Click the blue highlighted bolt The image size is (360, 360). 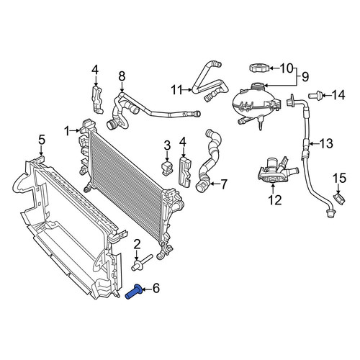coord(135,292)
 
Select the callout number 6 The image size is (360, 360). coord(156,288)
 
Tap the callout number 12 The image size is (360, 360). coord(275,199)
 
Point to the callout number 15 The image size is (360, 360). coord(339,179)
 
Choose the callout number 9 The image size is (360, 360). coord(305,77)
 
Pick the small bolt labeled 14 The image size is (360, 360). coord(315,95)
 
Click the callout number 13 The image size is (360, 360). coord(326,143)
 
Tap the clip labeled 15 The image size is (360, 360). coord(340,199)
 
